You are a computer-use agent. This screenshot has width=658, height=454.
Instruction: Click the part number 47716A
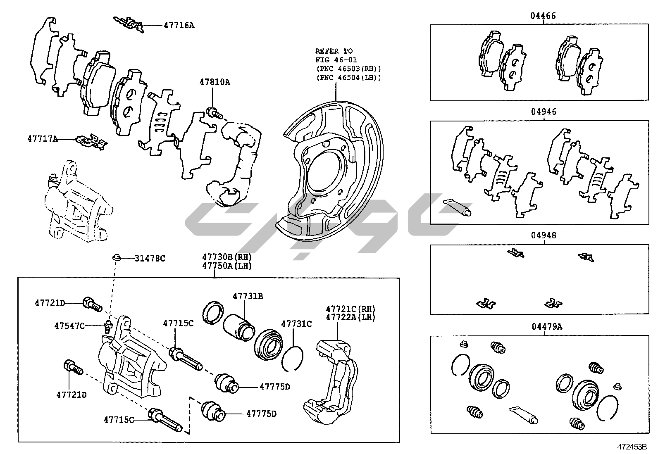coord(179,25)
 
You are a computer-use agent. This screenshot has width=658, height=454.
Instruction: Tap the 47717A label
coord(43,139)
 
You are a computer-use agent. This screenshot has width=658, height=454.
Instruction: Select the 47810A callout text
coord(215,82)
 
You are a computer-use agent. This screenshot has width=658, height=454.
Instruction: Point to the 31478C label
coord(150,259)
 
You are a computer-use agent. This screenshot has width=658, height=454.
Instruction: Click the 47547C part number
coord(69,326)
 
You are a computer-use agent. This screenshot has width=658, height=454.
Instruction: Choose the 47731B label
coord(248,296)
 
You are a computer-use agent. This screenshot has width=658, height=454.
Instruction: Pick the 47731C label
coord(296,324)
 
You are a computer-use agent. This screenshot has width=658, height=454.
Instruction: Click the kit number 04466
coord(543,16)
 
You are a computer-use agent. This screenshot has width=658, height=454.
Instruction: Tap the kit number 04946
coord(544,112)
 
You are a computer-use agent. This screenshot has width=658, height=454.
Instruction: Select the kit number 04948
coord(544,235)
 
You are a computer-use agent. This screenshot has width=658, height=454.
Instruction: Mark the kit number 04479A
coord(546,327)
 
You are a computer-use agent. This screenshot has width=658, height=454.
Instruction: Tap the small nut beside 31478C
coord(117,258)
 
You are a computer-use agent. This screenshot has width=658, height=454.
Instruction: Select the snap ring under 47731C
coord(292,358)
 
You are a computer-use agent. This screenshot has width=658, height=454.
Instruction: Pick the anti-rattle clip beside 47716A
coord(129,24)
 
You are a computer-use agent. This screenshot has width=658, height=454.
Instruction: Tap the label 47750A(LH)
coord(227,266)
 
